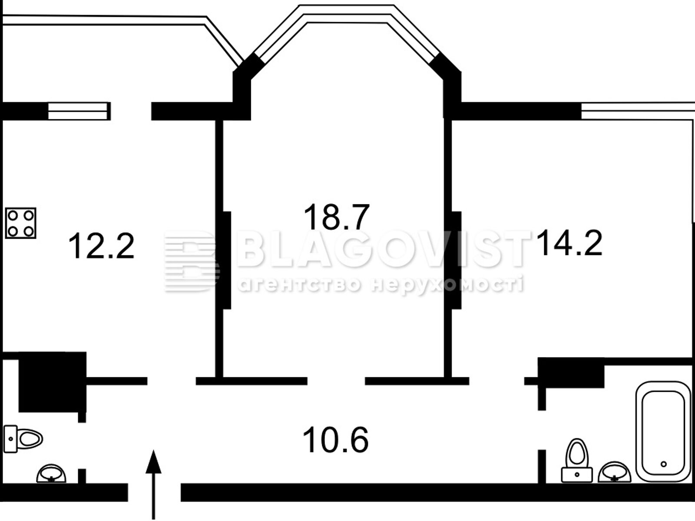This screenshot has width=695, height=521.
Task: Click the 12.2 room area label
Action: [x=101, y=246]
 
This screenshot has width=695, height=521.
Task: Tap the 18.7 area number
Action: [x=337, y=217]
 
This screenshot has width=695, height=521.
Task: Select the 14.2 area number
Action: [x=569, y=243]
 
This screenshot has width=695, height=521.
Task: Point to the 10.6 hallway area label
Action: [x=336, y=440]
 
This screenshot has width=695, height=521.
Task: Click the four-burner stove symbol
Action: [x=20, y=223]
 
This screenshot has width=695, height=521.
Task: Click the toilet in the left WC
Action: [x=23, y=439]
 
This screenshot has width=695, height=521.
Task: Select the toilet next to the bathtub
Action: [x=577, y=460]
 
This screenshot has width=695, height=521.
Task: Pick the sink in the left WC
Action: [x=51, y=474]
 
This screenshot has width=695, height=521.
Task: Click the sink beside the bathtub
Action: [x=615, y=472]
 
